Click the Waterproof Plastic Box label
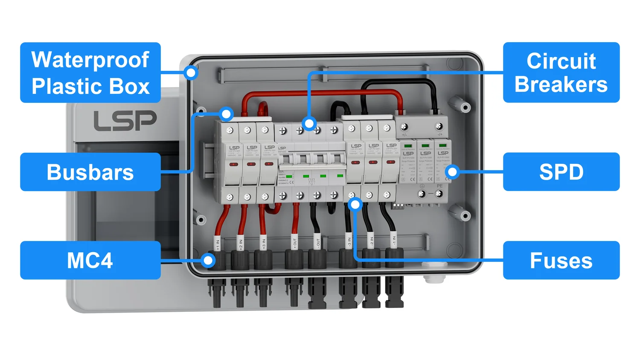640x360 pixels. (x=90, y=73)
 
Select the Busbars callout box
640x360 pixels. (x=90, y=172)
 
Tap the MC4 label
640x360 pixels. (x=90, y=260)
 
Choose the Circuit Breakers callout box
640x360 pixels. (x=561, y=73)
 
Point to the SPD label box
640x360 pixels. (x=561, y=172)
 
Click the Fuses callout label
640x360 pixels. (x=561, y=260)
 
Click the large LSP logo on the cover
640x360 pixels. (x=125, y=121)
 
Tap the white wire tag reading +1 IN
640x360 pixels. (x=218, y=244)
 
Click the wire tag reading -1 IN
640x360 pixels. (x=394, y=241)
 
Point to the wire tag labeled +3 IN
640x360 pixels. (x=264, y=243)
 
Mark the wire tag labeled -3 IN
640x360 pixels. (x=349, y=242)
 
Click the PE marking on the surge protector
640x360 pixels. (x=440, y=186)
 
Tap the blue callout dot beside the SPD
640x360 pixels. (x=452, y=172)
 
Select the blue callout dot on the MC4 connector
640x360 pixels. (x=208, y=260)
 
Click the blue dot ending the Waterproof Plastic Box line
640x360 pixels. (x=192, y=73)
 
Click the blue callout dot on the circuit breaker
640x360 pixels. (x=309, y=124)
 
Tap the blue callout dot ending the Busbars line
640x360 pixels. (x=227, y=114)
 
